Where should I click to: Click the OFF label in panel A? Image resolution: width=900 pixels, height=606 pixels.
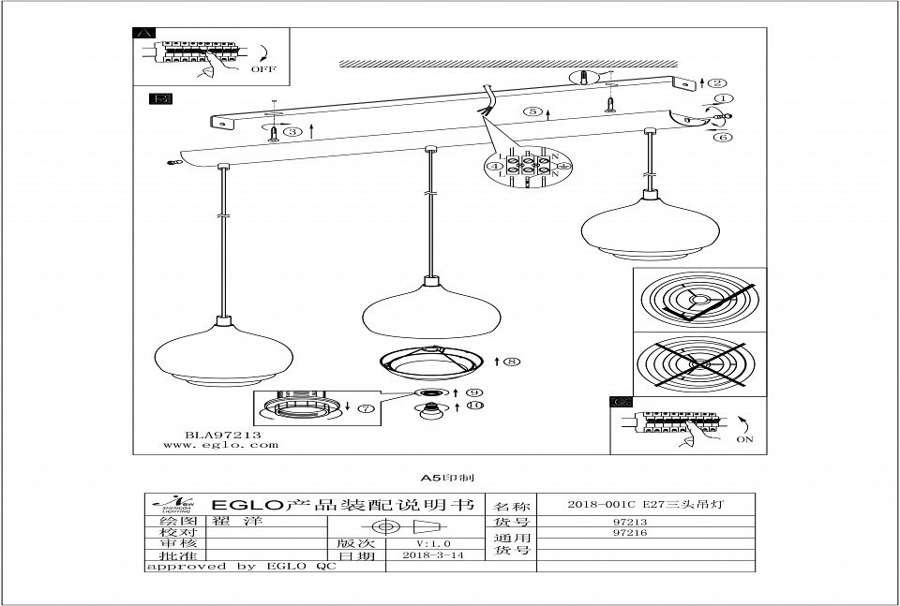(x=263, y=69)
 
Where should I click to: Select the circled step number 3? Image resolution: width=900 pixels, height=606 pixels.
(x=294, y=132)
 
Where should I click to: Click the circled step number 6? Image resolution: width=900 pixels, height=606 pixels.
(x=722, y=138)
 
